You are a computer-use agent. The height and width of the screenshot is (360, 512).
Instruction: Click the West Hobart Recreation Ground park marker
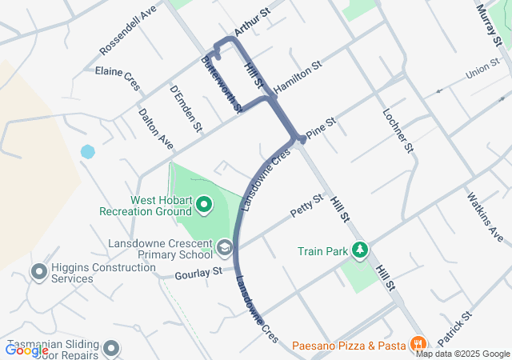(203, 206)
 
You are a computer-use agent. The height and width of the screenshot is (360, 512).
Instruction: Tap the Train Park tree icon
(361, 250)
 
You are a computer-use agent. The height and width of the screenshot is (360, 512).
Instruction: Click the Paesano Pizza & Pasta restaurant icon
(416, 345)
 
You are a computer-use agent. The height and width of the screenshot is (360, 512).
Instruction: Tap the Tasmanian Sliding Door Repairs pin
(111, 348)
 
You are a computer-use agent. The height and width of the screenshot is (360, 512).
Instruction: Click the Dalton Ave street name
(155, 127)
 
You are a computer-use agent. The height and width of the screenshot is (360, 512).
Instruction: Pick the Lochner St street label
(398, 131)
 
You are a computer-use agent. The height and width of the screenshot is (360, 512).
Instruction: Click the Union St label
(482, 70)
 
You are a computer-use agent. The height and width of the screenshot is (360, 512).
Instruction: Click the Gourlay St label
(198, 274)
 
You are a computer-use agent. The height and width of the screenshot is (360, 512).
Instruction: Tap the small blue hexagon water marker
(87, 151)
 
